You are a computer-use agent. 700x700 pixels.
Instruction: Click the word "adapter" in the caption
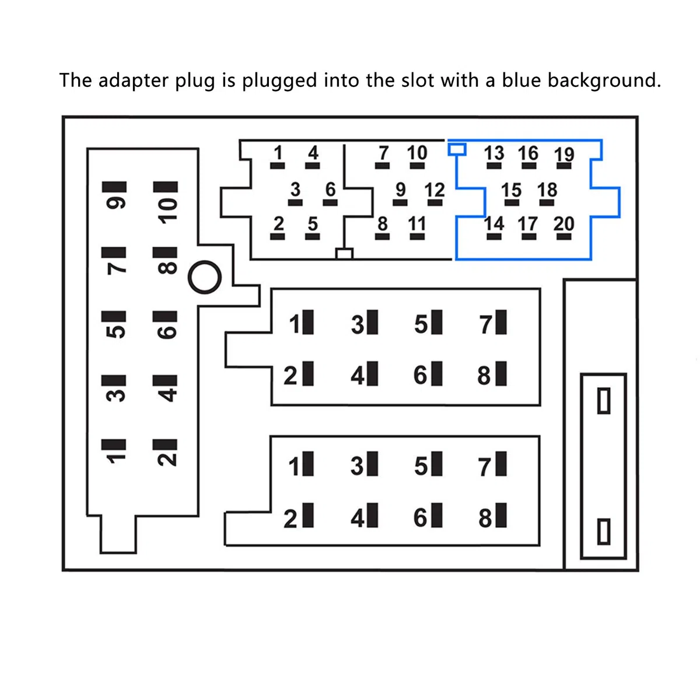coord(134,80)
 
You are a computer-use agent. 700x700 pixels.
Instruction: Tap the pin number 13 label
coord(494,153)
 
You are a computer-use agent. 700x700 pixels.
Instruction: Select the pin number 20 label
coord(563,223)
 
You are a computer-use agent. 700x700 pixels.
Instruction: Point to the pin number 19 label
coord(564,155)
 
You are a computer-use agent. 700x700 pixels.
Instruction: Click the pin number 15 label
coord(512,190)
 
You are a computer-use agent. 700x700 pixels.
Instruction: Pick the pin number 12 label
coord(435,190)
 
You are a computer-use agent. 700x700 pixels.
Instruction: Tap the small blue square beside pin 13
coord(457,149)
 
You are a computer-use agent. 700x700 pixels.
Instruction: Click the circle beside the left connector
coord(205,277)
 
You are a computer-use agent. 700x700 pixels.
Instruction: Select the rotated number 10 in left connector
coord(168,211)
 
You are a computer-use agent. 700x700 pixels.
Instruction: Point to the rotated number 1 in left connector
coord(116,459)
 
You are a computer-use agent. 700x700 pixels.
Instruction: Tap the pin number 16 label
coord(528,153)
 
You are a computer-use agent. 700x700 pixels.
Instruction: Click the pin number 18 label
coord(547,190)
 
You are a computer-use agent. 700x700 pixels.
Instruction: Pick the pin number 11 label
coord(416,223)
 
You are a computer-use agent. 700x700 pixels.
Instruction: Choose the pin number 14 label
coord(494,223)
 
